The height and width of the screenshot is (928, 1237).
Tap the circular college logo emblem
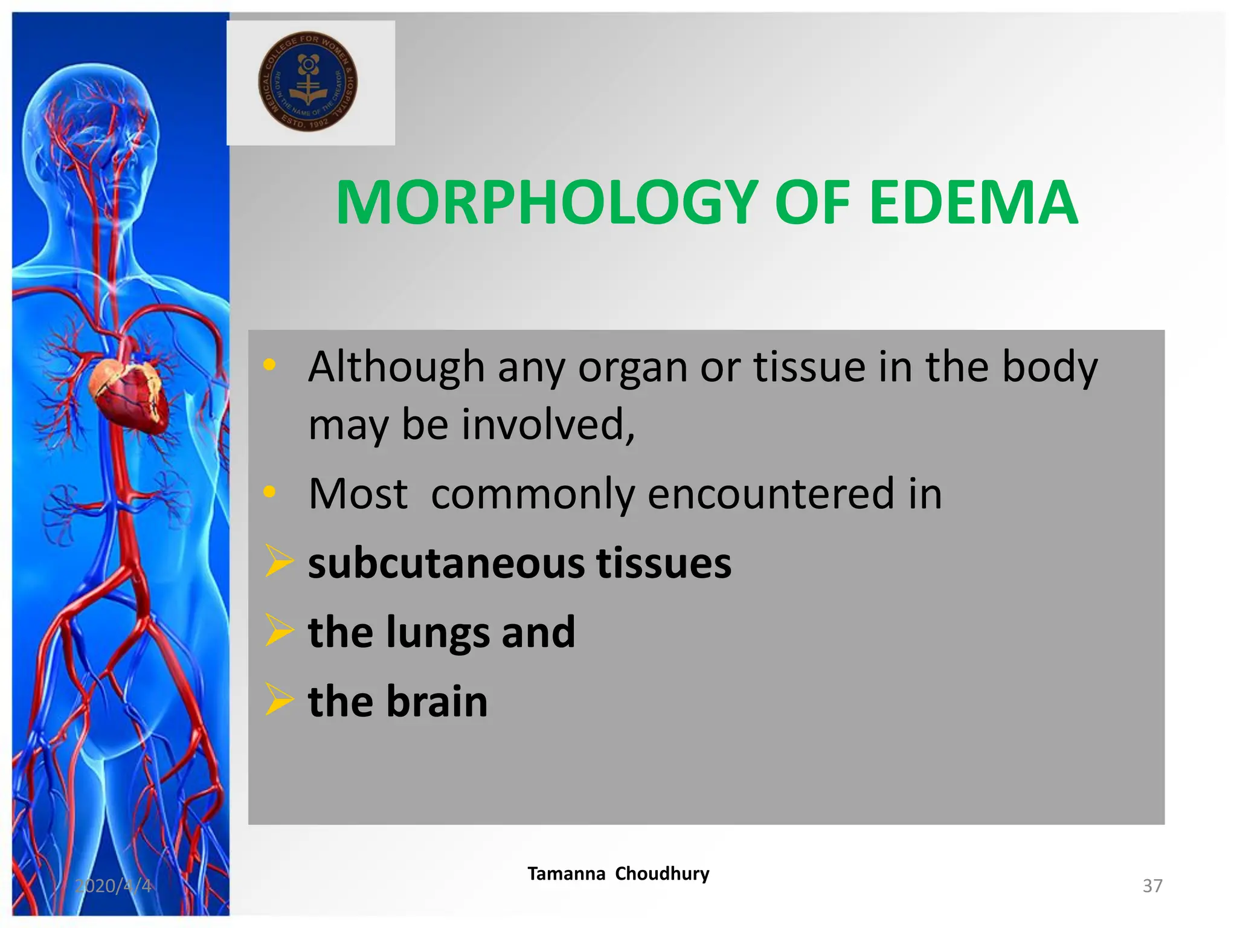click(308, 82)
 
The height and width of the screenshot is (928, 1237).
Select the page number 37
click(1152, 886)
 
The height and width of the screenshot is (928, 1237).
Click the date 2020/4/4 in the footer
click(113, 886)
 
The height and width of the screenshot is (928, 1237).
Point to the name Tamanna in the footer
click(567, 874)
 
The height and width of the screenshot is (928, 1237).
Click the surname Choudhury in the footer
click(662, 874)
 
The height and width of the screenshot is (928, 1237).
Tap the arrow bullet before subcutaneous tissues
click(279, 561)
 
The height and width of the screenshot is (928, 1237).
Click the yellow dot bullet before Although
click(269, 364)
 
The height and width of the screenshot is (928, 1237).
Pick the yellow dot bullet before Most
click(269, 492)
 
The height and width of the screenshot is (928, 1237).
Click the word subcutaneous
click(446, 563)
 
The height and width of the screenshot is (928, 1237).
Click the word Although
click(396, 367)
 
